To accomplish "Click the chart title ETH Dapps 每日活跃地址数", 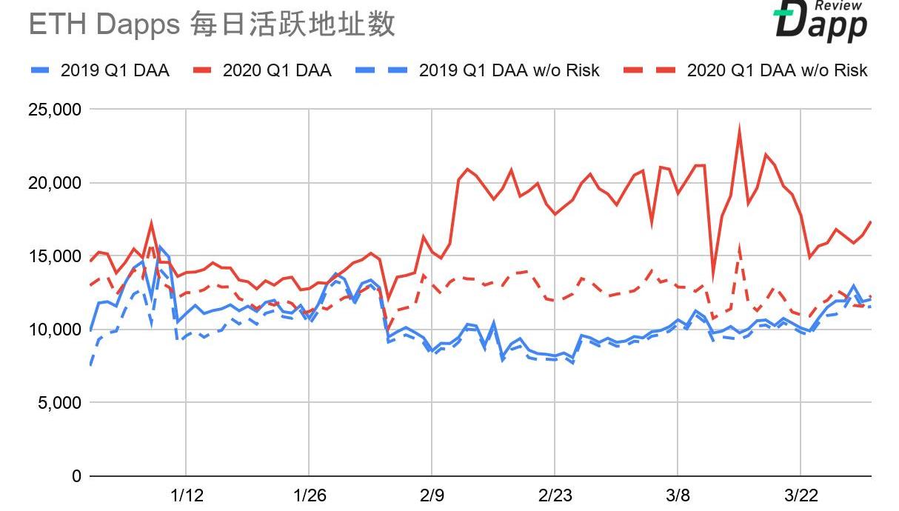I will pos(212,24).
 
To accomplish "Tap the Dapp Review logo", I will pos(821,20).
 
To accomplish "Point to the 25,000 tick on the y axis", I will pos(53,110).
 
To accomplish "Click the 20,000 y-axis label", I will pos(53,183).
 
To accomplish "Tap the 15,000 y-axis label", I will pos(53,256).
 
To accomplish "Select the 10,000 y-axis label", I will pos(53,330).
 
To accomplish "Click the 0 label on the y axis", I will pos(76,476).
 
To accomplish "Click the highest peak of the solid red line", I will pos(739,130).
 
